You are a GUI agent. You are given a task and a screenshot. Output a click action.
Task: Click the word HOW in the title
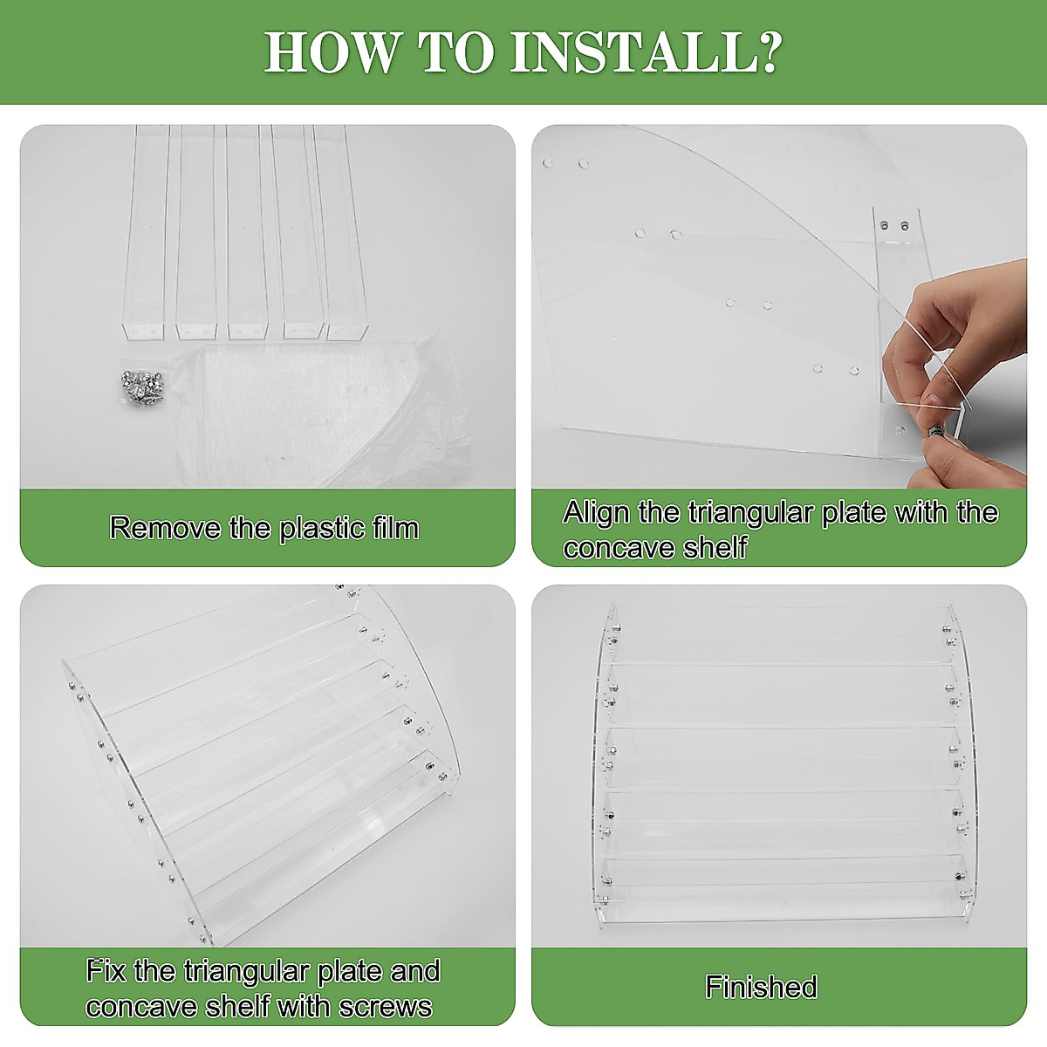331,51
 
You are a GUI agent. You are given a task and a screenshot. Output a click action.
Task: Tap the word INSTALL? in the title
646,51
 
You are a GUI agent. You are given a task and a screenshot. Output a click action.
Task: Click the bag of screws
143,387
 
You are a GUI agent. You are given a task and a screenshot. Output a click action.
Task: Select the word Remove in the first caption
165,528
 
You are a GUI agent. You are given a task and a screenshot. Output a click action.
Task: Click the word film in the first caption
395,528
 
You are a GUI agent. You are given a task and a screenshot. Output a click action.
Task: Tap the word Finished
761,987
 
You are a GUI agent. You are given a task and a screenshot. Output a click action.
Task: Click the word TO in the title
455,51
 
